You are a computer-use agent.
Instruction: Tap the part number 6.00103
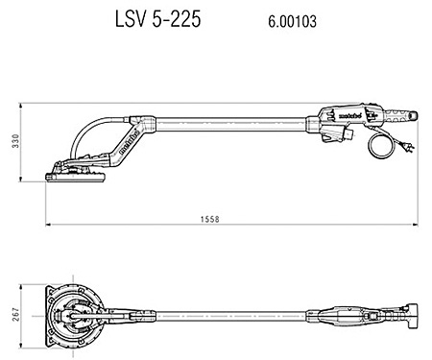coord(285,21)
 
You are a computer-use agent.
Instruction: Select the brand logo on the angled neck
coord(128,145)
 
